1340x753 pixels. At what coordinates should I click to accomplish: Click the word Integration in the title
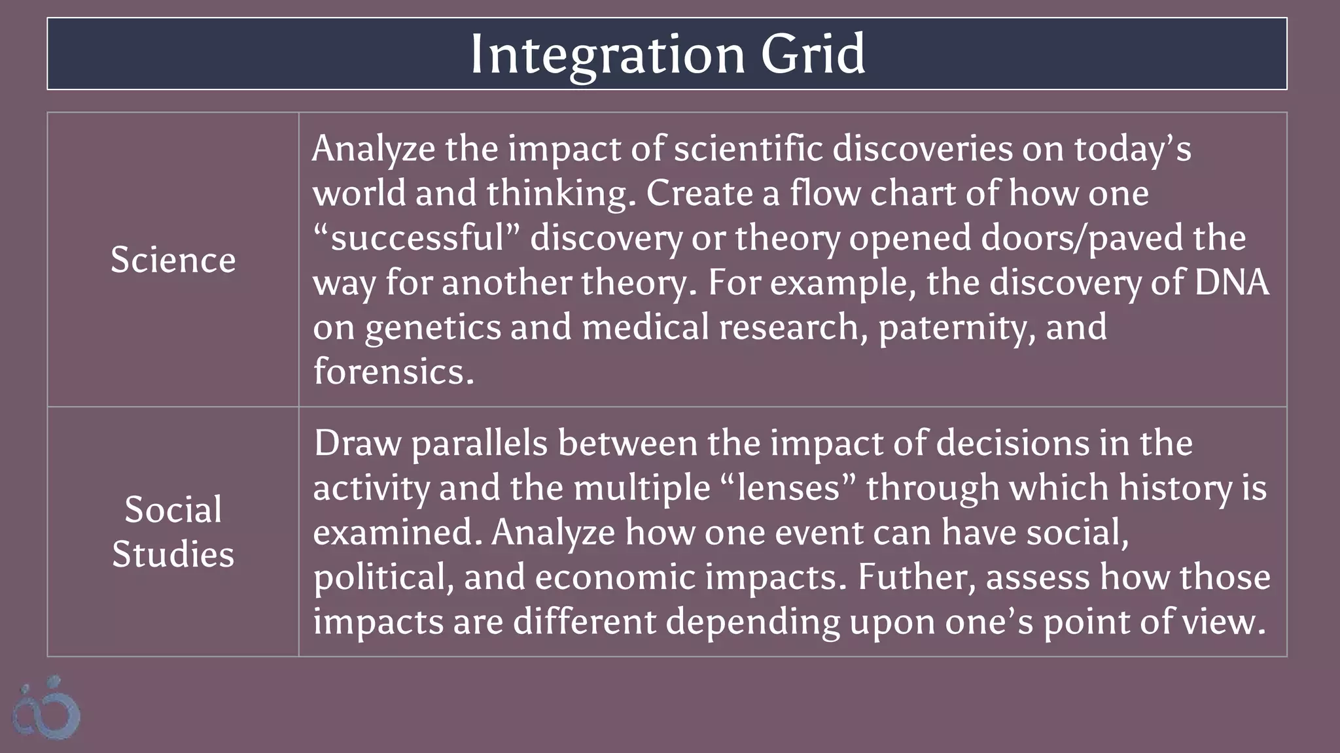(607, 54)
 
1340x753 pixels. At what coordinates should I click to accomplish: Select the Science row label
(173, 259)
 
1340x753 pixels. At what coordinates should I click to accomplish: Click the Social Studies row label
(173, 531)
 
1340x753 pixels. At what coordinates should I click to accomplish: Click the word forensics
(393, 371)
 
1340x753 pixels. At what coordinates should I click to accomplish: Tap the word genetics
(432, 327)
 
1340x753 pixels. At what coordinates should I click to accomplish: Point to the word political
(383, 577)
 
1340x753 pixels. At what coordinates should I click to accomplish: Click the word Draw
(357, 444)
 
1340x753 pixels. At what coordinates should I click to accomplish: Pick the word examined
(401, 533)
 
